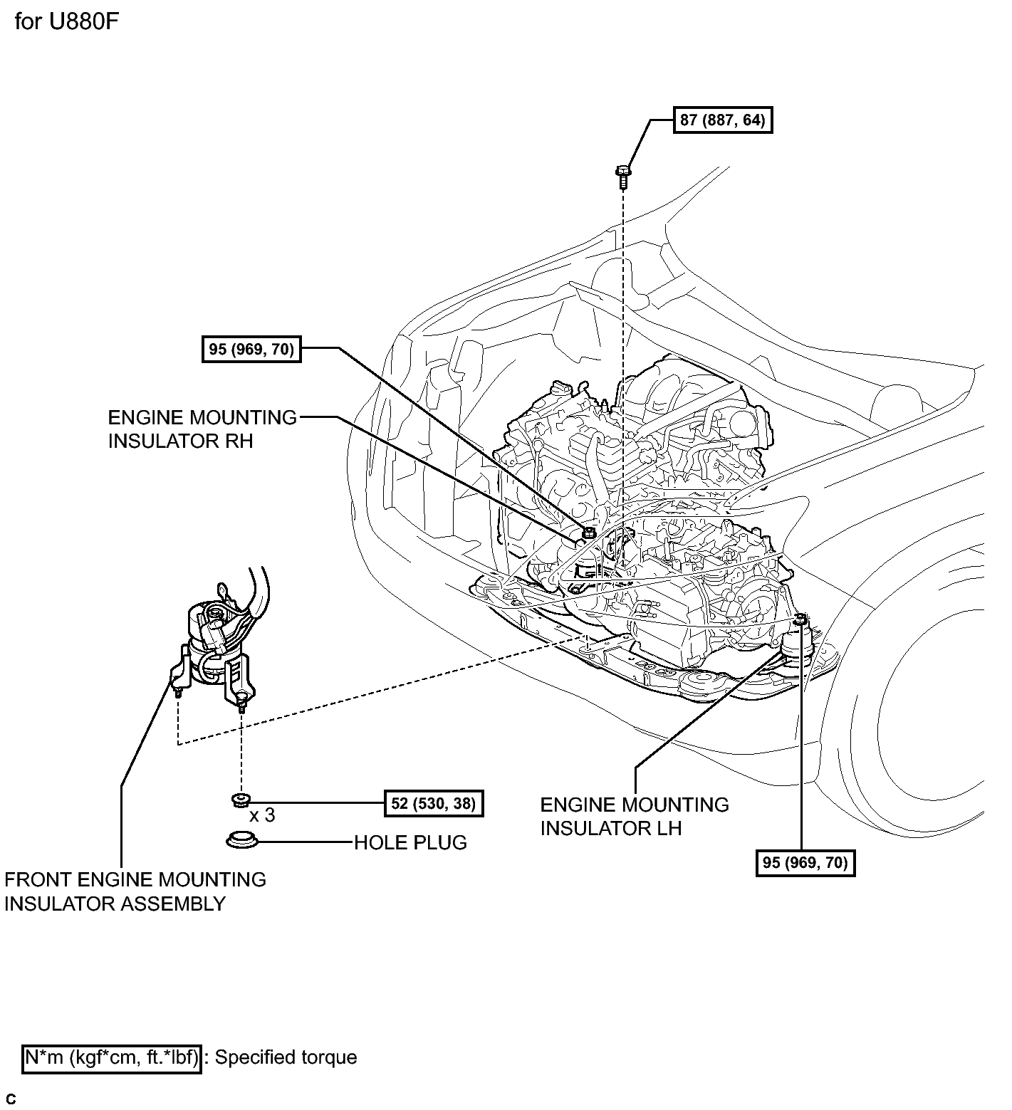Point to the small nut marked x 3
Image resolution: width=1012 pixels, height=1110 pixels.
pyautogui.click(x=240, y=800)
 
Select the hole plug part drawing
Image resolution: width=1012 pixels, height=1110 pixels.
pyautogui.click(x=241, y=839)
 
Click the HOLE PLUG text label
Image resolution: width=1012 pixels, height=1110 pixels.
pyautogui.click(x=410, y=842)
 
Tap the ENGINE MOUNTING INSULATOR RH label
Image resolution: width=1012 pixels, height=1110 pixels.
pyautogui.click(x=202, y=429)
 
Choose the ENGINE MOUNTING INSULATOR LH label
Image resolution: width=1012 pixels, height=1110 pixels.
pyautogui.click(x=634, y=817)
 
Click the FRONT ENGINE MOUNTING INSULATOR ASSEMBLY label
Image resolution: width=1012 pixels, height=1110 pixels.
pyautogui.click(x=135, y=891)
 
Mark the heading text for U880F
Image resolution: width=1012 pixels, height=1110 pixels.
pyautogui.click(x=66, y=22)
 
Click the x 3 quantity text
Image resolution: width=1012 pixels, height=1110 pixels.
pyautogui.click(x=261, y=815)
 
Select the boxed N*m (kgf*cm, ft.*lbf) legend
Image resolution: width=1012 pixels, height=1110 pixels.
pyautogui.click(x=112, y=1057)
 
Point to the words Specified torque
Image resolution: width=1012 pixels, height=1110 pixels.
pyautogui.click(x=286, y=1057)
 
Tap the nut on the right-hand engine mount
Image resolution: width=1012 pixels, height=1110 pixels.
pyautogui.click(x=588, y=533)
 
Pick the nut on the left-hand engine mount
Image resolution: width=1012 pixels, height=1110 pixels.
pyautogui.click(x=800, y=619)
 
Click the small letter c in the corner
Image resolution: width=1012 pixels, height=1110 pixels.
pyautogui.click(x=11, y=1099)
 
